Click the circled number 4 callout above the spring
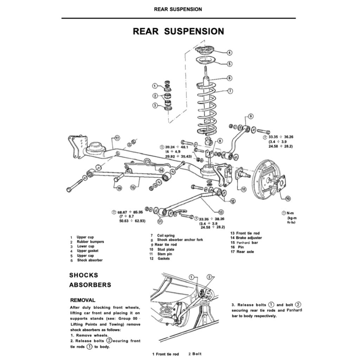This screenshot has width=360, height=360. tap(229, 53)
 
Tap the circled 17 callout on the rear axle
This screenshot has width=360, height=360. tap(117, 138)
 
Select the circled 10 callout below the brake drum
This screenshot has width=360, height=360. tap(288, 199)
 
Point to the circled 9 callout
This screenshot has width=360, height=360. tap(251, 116)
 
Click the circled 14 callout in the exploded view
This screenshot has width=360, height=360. tap(161, 170)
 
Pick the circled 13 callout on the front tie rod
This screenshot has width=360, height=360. tap(221, 212)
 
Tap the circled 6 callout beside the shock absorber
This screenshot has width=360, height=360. tap(229, 78)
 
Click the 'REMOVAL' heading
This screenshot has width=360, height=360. tap(83, 300)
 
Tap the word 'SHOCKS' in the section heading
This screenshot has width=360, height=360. tap(84, 275)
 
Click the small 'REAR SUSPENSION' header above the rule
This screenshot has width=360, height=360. tap(178, 9)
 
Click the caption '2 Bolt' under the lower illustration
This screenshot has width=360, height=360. tap(195, 354)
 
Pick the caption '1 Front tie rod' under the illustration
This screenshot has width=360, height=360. tap(166, 354)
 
